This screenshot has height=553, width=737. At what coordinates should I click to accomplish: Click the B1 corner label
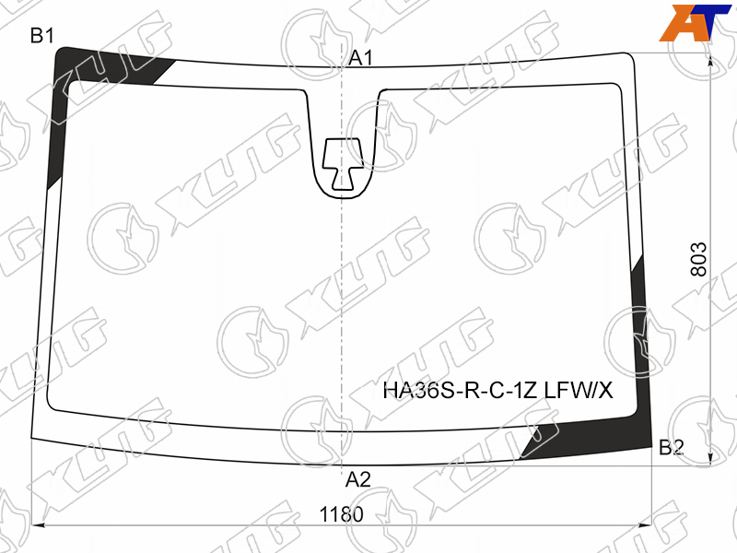[41, 36]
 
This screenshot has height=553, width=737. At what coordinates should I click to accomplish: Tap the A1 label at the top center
[360, 58]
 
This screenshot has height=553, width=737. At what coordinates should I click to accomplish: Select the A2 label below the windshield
[358, 479]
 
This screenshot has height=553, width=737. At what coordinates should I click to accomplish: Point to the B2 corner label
[672, 447]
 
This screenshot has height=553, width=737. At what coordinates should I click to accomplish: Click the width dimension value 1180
[341, 514]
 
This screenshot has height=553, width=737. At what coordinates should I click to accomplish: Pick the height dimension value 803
[699, 260]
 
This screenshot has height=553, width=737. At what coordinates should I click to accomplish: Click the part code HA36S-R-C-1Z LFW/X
[497, 390]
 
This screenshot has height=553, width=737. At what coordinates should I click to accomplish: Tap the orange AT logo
[695, 22]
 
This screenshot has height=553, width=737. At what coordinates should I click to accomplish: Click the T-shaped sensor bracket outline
[343, 164]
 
